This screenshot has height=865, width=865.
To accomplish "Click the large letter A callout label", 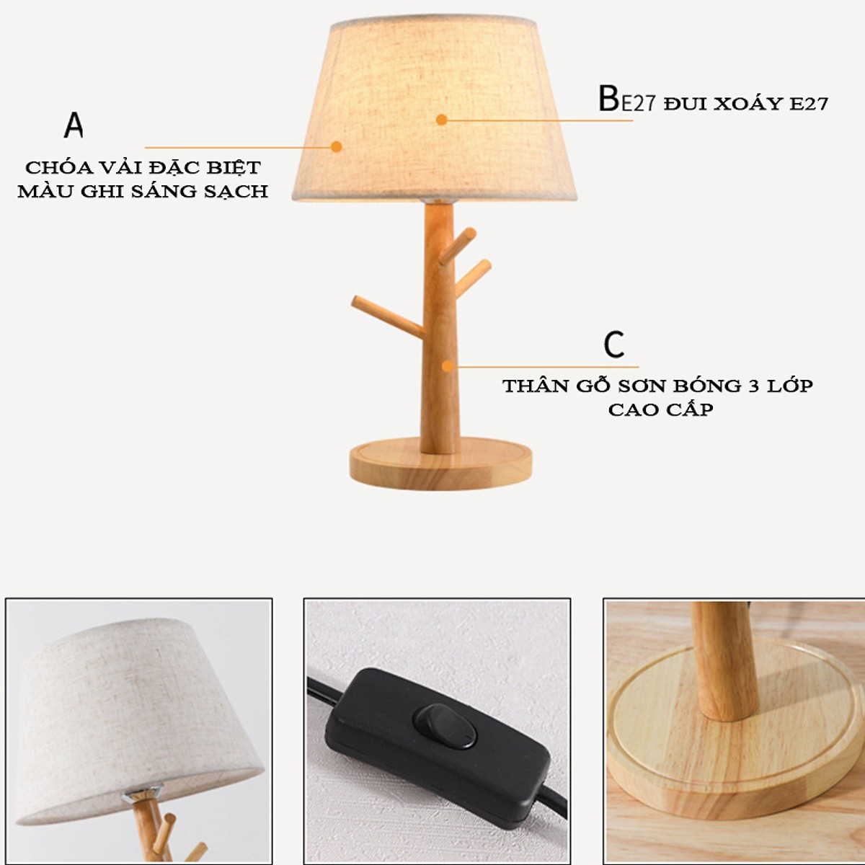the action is point(74,125).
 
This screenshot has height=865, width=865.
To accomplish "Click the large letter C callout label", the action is point(614,344).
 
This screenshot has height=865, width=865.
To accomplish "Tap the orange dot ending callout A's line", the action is point(336,147).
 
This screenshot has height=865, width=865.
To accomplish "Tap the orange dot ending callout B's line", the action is point(442,120).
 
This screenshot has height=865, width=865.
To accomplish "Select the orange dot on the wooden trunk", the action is point(447,366).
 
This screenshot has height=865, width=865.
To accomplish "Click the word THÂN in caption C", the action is point(534,385).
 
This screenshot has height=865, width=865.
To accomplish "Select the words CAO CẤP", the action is point(661,409).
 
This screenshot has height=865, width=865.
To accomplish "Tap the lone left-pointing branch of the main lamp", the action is point(387,316).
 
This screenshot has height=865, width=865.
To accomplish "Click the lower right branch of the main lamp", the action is point(472,278).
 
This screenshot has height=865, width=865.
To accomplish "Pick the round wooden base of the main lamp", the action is point(440,463).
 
